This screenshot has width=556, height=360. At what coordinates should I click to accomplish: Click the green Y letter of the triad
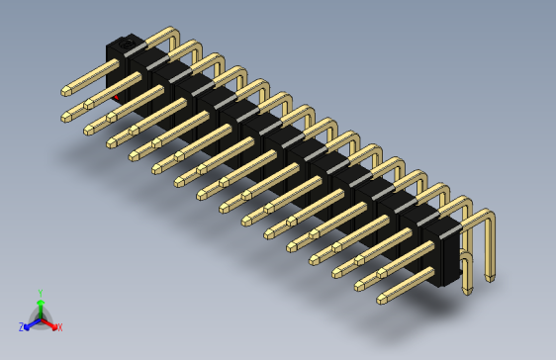coord(40,293)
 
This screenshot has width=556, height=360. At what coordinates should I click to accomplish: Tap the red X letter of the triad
coord(59,326)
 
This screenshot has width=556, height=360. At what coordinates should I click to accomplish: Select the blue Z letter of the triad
coord(21,326)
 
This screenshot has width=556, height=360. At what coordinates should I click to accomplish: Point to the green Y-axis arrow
coord(40,306)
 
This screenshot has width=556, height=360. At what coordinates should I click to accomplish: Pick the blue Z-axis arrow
coord(31,322)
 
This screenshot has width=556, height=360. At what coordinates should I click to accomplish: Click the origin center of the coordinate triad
coord(40,318)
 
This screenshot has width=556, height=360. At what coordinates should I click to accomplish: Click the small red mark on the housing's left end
coord(118,98)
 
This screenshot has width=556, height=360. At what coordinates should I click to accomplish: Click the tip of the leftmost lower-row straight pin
coord(66,117)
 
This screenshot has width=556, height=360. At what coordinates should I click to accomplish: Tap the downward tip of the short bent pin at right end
coord(466,290)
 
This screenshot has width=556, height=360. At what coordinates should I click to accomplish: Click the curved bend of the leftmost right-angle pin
coord(172,32)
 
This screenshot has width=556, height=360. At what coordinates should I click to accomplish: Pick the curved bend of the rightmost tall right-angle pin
coord(485,215)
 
